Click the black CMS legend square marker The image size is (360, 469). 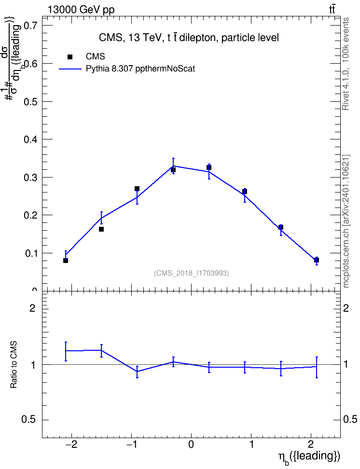[70, 57]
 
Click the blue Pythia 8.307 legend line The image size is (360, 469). [70, 69]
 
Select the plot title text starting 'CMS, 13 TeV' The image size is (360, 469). [189, 38]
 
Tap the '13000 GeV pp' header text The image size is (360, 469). [81, 10]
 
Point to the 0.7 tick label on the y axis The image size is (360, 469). [31, 26]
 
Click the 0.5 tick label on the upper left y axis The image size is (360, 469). [31, 102]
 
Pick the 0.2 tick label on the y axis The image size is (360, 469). [31, 215]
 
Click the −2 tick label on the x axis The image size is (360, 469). [71, 445]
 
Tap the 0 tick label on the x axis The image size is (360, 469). [191, 445]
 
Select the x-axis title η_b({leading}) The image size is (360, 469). [309, 457]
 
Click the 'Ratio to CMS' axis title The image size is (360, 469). [14, 364]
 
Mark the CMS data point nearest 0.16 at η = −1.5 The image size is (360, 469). [101, 229]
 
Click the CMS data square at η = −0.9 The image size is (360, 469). [137, 189]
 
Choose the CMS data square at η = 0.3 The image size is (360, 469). [209, 167]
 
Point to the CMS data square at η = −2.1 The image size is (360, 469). [66, 261]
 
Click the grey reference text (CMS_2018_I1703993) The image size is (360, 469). [192, 273]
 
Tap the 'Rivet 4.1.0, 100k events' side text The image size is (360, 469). [346, 64]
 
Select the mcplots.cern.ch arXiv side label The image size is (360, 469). [346, 221]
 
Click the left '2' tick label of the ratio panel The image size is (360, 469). [32, 308]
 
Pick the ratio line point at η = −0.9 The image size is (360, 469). [137, 372]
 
